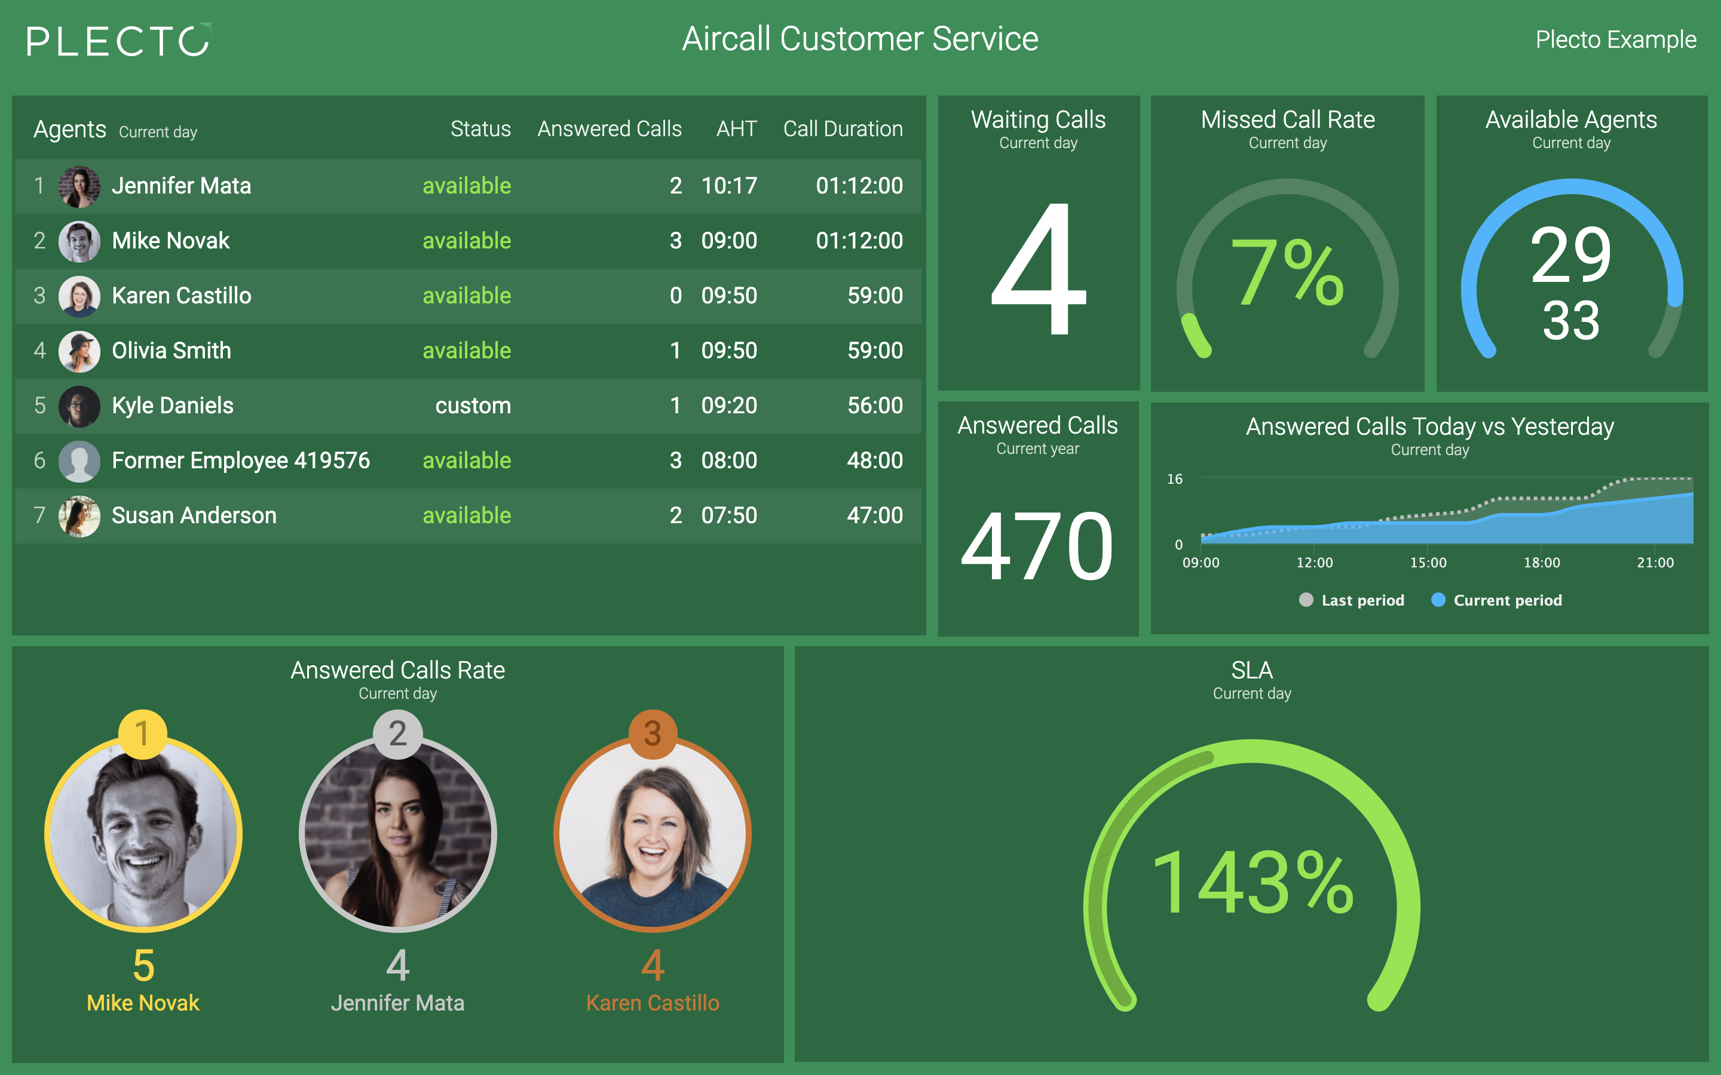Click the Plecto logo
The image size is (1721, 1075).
coord(119,40)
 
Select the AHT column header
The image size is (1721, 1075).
coord(736,128)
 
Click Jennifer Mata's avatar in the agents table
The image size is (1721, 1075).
coord(79,186)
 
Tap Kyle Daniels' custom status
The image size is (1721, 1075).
coord(473,406)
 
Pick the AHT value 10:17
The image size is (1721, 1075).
coord(729,186)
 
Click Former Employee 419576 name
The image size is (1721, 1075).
coord(240,460)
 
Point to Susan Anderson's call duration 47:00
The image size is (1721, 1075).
coord(875,515)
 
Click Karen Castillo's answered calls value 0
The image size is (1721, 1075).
coord(676,296)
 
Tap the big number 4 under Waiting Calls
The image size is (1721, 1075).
coord(1039,269)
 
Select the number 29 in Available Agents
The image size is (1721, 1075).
coord(1571,254)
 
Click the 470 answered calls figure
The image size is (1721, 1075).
coord(1037,546)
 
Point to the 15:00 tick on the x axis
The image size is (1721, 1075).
coord(1428,563)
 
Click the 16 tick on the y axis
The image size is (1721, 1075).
coord(1175,479)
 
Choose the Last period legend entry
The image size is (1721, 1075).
coord(1351,600)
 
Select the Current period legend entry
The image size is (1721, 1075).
coord(1496,600)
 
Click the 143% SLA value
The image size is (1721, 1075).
coord(1252,882)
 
